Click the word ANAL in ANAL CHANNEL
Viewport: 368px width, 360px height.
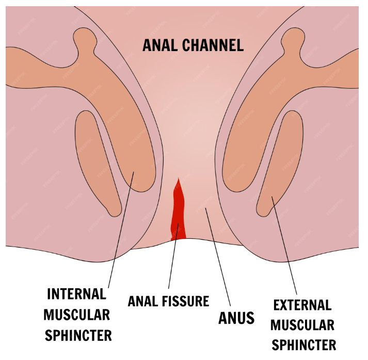[x=159, y=45]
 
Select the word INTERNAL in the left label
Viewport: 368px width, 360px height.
[x=77, y=294]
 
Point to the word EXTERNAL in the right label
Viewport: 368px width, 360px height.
[x=302, y=305]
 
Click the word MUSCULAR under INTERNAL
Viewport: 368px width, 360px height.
[x=77, y=315]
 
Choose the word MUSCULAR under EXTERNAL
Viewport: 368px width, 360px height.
[x=302, y=325]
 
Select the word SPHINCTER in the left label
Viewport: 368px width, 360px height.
[x=78, y=335]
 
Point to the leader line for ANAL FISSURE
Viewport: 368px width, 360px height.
[x=174, y=258]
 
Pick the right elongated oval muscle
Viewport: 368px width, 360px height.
[x=279, y=160]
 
